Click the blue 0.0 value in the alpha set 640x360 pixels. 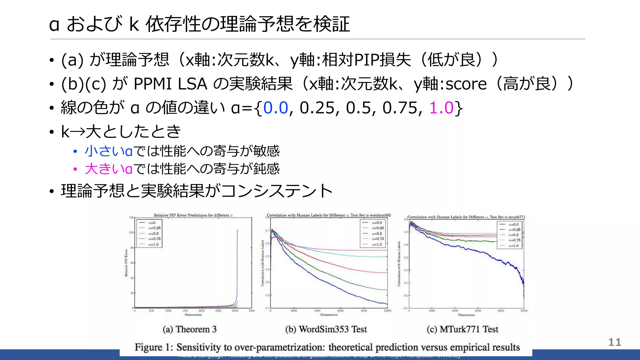click(x=275, y=108)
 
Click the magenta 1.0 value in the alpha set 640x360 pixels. click(x=441, y=108)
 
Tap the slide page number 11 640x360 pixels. click(x=614, y=342)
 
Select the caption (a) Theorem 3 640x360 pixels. click(x=189, y=329)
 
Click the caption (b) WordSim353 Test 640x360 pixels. click(x=326, y=329)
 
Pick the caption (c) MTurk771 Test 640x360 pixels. click(x=462, y=329)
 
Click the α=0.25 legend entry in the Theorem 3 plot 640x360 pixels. click(x=154, y=228)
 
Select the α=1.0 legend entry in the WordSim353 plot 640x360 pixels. click(x=376, y=244)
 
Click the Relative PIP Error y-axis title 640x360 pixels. click(x=126, y=262)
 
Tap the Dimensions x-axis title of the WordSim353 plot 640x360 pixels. click(x=329, y=315)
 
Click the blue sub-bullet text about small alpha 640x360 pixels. click(x=182, y=151)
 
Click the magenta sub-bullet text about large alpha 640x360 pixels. click(x=182, y=169)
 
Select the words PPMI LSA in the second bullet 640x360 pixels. click(x=170, y=84)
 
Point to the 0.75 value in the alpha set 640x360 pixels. click(x=400, y=108)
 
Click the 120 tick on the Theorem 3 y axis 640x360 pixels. click(x=132, y=217)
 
